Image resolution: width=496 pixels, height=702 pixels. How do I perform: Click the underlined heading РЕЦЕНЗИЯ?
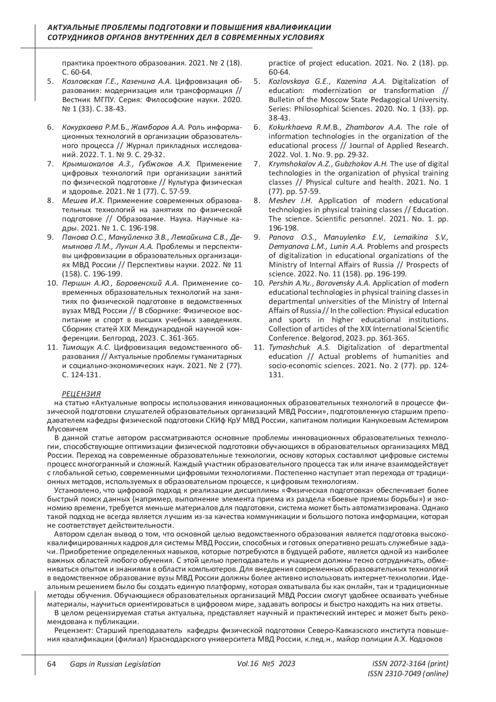(81, 394)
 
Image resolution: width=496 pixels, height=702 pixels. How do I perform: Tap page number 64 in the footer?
(52, 664)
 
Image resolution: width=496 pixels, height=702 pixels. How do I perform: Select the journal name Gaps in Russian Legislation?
(115, 664)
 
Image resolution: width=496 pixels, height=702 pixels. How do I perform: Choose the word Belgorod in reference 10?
(321, 338)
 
